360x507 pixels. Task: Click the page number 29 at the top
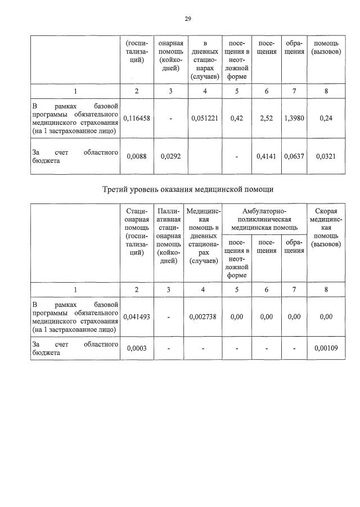(188, 19)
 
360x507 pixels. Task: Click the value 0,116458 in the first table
(137, 119)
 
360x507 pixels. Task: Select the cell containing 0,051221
(205, 119)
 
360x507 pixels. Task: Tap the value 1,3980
(294, 119)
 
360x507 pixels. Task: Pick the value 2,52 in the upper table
(267, 119)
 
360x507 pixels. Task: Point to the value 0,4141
(267, 156)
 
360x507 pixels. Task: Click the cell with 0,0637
(294, 156)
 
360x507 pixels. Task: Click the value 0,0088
(137, 156)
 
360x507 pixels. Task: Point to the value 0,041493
(137, 317)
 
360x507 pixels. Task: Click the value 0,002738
(205, 317)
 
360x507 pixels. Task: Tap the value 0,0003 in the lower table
(137, 348)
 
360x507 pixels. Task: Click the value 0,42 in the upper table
(236, 119)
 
